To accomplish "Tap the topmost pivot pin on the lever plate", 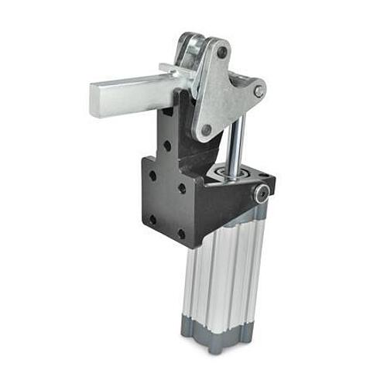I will click(x=222, y=53).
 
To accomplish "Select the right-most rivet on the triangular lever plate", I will click(x=258, y=91).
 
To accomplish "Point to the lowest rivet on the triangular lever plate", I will click(x=206, y=130).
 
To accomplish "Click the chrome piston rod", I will click(x=237, y=143).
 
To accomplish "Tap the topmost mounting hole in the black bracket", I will click(x=166, y=120).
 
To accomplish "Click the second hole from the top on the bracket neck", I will click(x=167, y=145).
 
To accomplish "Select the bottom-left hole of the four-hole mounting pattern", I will click(x=152, y=220).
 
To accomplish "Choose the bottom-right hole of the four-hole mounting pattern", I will click(x=181, y=233).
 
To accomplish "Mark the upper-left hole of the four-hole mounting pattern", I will click(x=152, y=176).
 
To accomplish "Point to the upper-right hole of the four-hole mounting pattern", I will click(x=181, y=188).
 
